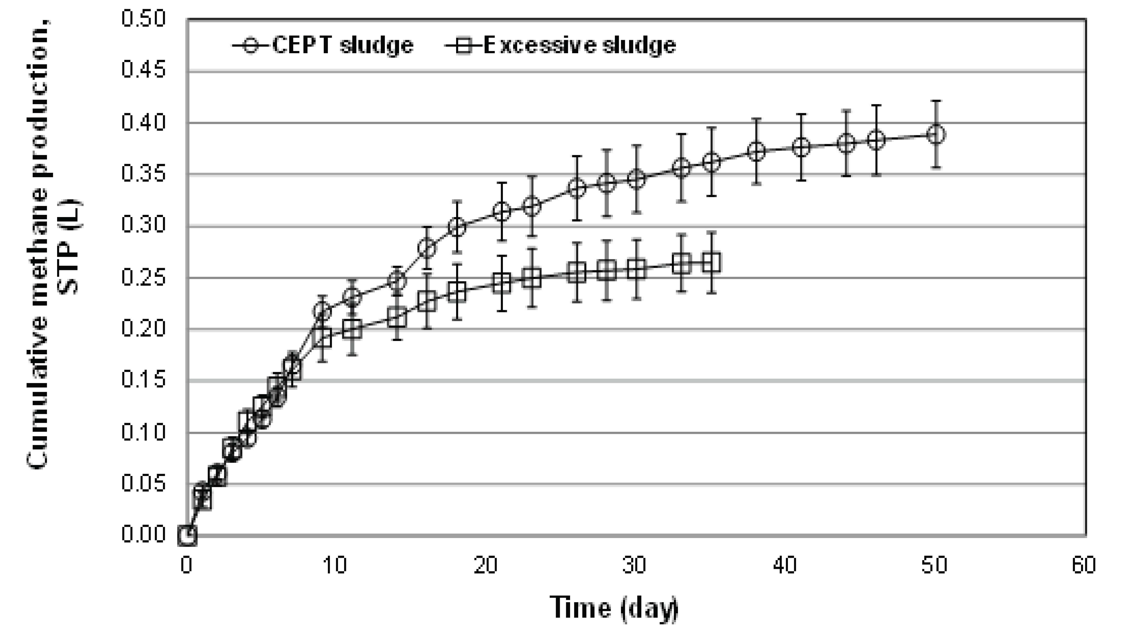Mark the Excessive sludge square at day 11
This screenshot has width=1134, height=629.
[x=352, y=329]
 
